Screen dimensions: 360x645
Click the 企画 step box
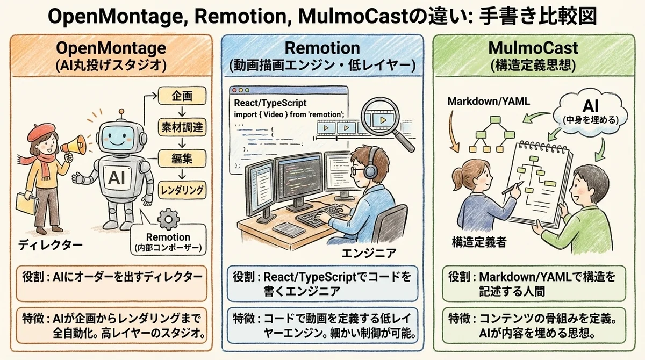click(x=175, y=97)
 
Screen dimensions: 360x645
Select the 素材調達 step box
click(x=175, y=127)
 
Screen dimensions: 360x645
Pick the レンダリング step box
click(x=183, y=189)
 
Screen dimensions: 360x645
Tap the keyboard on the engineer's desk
click(x=323, y=217)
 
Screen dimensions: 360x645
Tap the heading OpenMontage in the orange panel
click(x=111, y=48)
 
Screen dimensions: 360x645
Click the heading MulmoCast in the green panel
click(x=533, y=48)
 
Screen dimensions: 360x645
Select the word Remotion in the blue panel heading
click(x=322, y=48)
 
